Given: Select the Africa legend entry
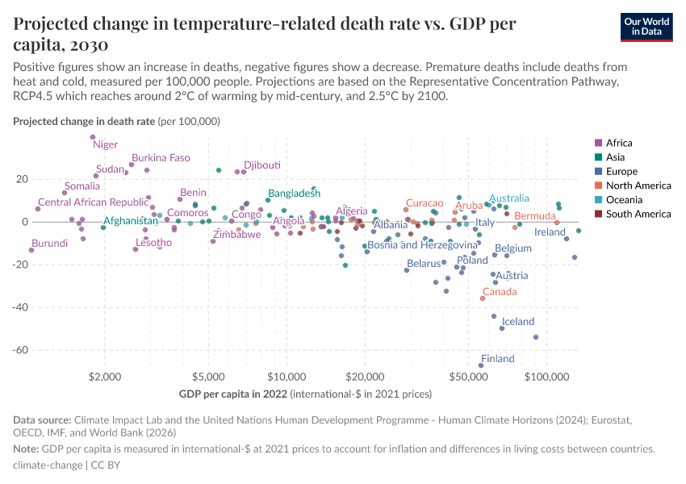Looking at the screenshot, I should pyautogui.click(x=618, y=144).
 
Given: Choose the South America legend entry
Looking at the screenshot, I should pyautogui.click(x=638, y=214).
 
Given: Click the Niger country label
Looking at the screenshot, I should pyautogui.click(x=105, y=145).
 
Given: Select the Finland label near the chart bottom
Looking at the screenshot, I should pyautogui.click(x=497, y=359).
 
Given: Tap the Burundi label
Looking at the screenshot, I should pyautogui.click(x=49, y=243).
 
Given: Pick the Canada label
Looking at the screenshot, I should pyautogui.click(x=499, y=292).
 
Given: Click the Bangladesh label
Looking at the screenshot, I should pyautogui.click(x=295, y=194).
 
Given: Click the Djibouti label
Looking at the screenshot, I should pyautogui.click(x=262, y=165).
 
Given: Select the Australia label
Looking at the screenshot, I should pyautogui.click(x=509, y=198).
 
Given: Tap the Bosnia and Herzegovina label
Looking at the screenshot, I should pyautogui.click(x=422, y=245).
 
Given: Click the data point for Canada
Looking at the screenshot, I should pyautogui.click(x=483, y=298).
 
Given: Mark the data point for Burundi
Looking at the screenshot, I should pyautogui.click(x=31, y=250).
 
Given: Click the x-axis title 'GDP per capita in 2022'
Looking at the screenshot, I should pyautogui.click(x=232, y=394).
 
